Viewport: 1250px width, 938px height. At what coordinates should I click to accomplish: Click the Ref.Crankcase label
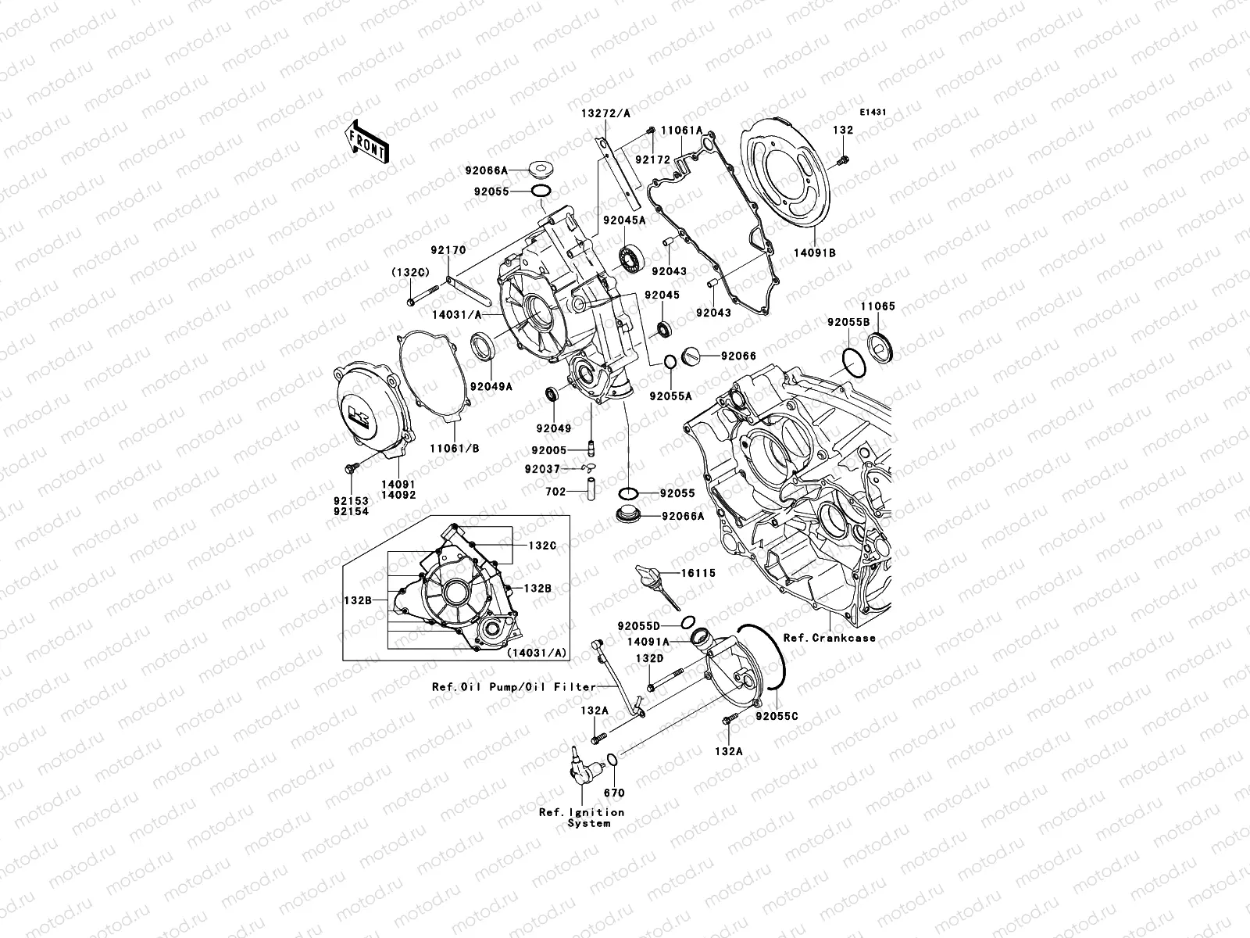tap(829, 638)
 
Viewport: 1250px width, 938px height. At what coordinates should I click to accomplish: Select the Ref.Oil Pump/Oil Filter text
tap(514, 688)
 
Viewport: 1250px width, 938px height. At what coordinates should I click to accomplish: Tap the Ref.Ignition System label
tap(582, 818)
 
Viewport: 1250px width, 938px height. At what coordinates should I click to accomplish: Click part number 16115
tap(698, 573)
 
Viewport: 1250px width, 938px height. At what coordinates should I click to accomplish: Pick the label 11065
tap(878, 307)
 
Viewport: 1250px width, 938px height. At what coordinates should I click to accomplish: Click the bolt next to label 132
tap(842, 160)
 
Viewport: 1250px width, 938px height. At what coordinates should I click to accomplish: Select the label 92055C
tap(777, 716)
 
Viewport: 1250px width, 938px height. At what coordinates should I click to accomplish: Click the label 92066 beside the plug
tap(738, 356)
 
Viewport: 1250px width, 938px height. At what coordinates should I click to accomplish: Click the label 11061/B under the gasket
tap(454, 449)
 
